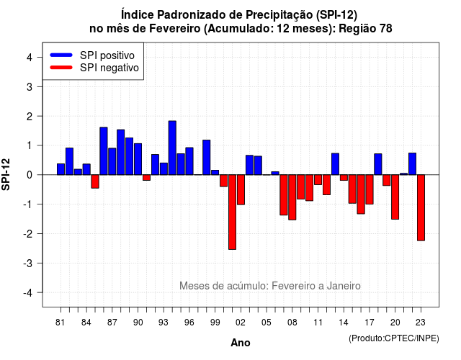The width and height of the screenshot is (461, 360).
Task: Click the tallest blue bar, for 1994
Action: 172,148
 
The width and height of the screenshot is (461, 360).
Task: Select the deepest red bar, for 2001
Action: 232,212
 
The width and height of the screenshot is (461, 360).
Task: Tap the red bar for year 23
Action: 421,207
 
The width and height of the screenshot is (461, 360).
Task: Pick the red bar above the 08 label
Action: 292,197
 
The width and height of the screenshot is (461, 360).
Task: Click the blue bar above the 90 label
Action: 138,159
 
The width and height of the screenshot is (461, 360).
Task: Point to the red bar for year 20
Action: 395,197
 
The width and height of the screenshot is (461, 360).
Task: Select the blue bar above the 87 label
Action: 112,161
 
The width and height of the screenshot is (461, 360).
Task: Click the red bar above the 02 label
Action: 241,189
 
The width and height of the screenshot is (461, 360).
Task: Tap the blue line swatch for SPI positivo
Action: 61,55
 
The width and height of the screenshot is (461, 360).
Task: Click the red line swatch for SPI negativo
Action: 61,68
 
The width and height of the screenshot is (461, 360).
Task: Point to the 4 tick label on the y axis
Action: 30,58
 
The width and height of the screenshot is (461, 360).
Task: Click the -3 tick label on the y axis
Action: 28,263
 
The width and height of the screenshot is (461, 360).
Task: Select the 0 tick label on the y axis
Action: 30,175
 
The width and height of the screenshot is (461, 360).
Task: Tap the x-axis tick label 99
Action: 215,323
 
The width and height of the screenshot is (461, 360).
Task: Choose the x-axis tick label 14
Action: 344,323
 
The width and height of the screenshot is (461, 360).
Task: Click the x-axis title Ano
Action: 241,343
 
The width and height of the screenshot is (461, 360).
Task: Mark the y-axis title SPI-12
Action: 6,174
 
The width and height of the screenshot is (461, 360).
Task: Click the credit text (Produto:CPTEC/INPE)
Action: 394,338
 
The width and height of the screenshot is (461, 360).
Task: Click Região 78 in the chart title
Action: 365,29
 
